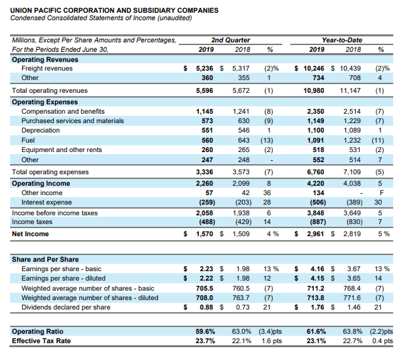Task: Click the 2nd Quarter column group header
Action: click(x=231, y=40)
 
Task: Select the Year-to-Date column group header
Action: click(x=341, y=40)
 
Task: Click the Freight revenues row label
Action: click(x=47, y=69)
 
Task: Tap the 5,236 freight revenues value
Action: click(x=204, y=69)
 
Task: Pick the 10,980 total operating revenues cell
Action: click(x=313, y=90)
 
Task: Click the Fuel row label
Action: click(x=28, y=140)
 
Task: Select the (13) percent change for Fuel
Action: click(x=267, y=140)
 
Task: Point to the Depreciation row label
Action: click(x=40, y=130)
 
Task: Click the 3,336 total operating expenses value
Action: click(x=204, y=172)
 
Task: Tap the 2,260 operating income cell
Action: click(x=204, y=183)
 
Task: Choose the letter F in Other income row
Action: click(x=381, y=193)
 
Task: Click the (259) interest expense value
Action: click(x=207, y=202)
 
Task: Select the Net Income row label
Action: click(x=30, y=233)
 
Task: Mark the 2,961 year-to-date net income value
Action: click(x=315, y=233)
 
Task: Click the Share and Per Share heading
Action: click(x=45, y=260)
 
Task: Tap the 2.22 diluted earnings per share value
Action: click(x=206, y=279)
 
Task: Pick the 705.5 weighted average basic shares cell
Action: click(x=204, y=288)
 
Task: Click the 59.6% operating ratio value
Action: click(x=205, y=332)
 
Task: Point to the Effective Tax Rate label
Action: click(x=41, y=340)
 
